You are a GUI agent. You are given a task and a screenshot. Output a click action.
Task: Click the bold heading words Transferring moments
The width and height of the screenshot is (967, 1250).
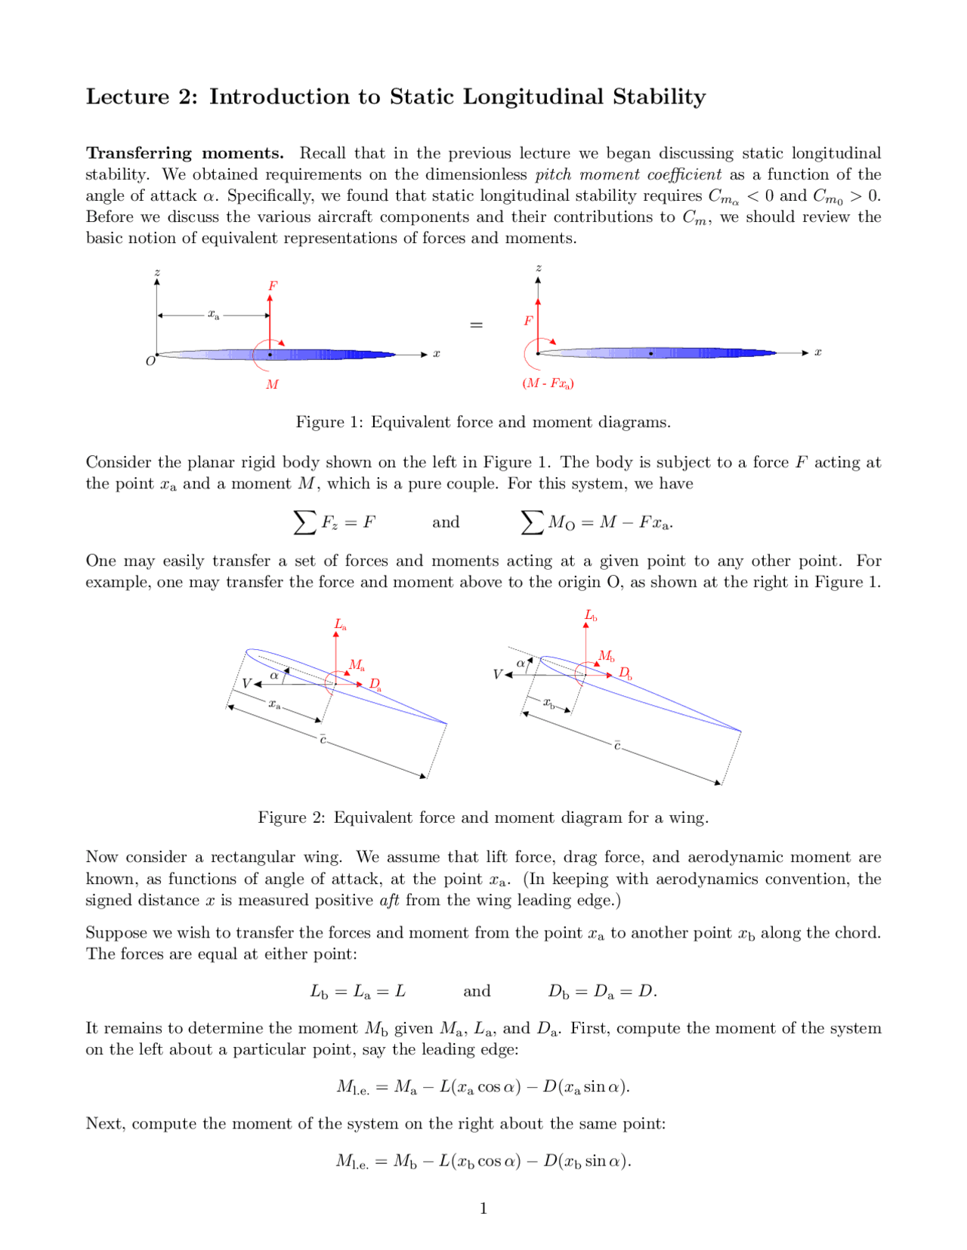[184, 153]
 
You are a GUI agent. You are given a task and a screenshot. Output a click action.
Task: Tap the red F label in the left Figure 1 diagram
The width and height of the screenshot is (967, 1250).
[273, 286]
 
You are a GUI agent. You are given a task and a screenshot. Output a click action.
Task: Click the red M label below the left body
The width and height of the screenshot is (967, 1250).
[272, 384]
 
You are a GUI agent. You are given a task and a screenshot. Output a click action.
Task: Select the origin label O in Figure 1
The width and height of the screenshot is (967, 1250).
[150, 362]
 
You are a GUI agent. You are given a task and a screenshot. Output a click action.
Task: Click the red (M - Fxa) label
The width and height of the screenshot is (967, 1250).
[548, 383]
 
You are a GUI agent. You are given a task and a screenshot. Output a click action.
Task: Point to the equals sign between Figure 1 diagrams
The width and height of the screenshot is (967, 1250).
[476, 325]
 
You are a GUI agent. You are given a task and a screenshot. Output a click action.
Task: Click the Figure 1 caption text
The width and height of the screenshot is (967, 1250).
[483, 422]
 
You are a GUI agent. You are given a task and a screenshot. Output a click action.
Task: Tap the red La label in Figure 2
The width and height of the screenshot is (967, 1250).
[340, 625]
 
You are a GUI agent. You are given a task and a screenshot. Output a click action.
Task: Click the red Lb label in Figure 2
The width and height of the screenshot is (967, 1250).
[590, 616]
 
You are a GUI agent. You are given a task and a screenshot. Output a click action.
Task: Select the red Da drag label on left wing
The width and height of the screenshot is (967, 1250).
[375, 685]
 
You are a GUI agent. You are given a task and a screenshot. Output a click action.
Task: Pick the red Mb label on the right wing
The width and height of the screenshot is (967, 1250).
[606, 656]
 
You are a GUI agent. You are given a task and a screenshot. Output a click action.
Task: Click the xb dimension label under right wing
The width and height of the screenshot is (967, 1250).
[549, 704]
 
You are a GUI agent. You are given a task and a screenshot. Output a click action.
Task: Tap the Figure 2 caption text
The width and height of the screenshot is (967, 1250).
[483, 817]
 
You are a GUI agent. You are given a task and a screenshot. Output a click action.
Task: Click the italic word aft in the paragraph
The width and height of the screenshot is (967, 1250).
[389, 900]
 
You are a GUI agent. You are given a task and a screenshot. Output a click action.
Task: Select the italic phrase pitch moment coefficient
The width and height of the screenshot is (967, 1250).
[628, 174]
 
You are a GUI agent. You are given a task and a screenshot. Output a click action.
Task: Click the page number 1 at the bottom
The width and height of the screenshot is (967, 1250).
[483, 1208]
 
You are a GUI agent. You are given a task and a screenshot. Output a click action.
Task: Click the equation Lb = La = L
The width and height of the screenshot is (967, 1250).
[357, 991]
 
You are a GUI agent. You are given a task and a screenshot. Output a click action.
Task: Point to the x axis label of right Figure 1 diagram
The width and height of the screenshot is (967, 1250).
[817, 353]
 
